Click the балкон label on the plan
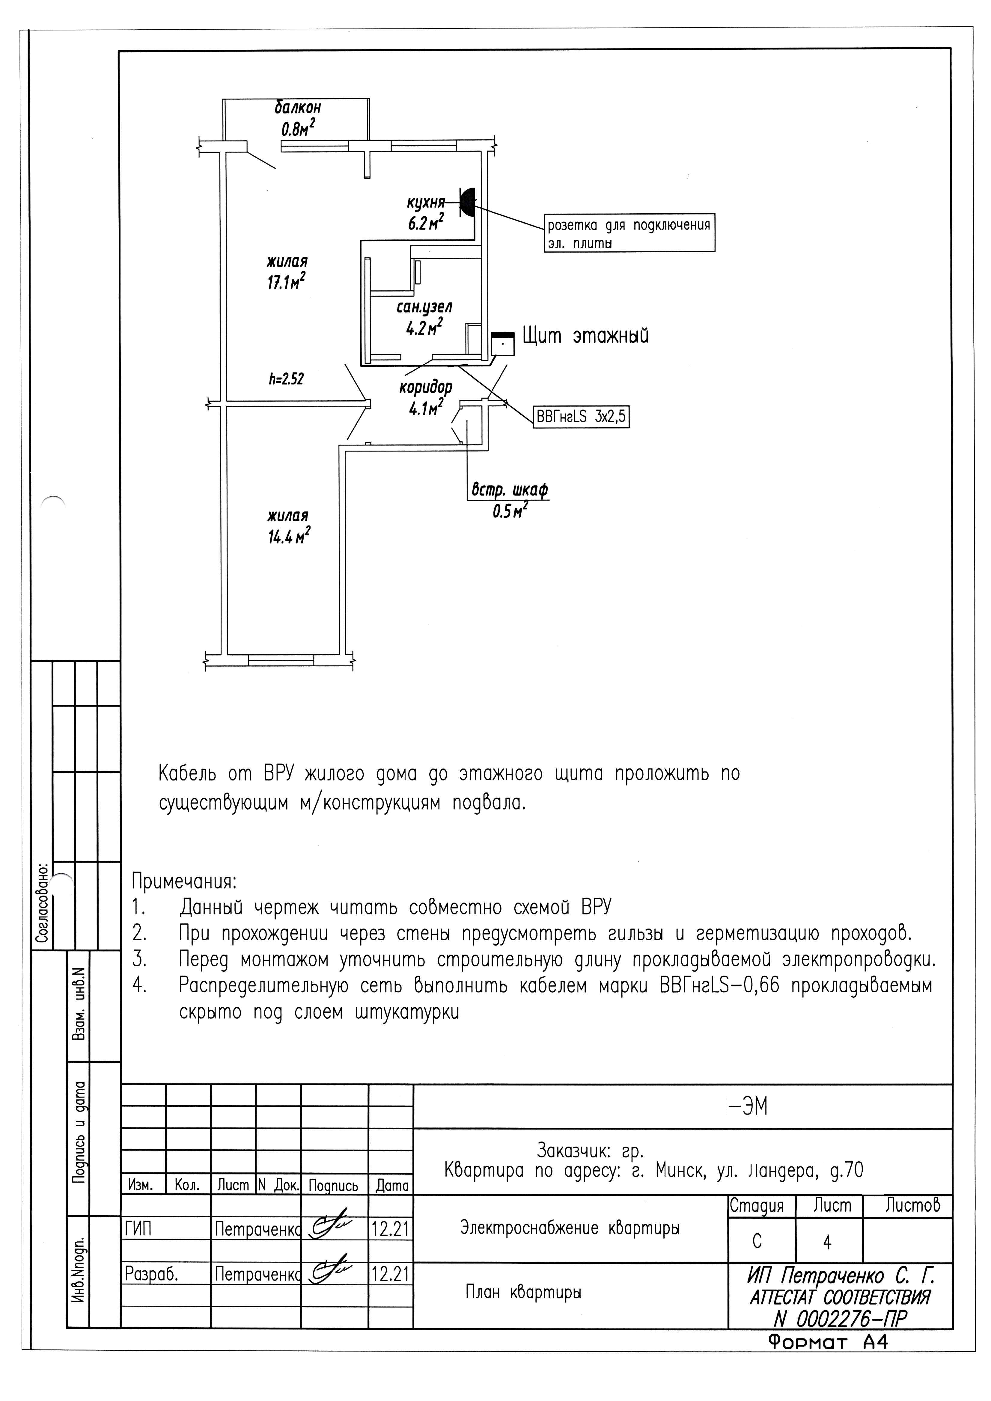pyautogui.click(x=297, y=108)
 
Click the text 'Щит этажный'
pyautogui.click(x=585, y=336)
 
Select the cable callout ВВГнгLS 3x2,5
pyautogui.click(x=581, y=417)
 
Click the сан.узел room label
pyautogui.click(x=424, y=307)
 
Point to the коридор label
pyautogui.click(x=426, y=387)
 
